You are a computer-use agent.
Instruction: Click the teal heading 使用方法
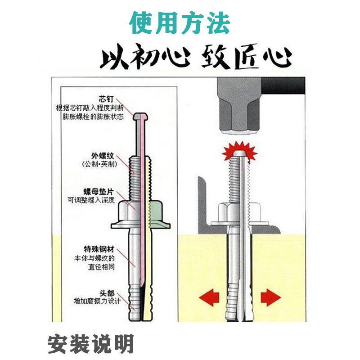pyautogui.click(x=180, y=22)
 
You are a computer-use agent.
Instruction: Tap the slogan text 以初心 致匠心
pyautogui.click(x=196, y=58)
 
